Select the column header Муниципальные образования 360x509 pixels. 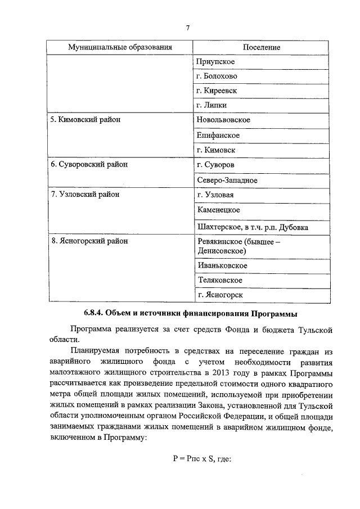pos(119,47)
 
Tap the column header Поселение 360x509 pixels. pos(262,47)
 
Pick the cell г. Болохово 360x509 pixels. pos(217,76)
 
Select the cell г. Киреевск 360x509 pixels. pos(217,91)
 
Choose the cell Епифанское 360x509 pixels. pos(218,135)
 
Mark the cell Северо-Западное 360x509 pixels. pos(227,180)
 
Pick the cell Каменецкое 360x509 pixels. pos(219,210)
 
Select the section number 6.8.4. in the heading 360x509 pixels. pos(97,313)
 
